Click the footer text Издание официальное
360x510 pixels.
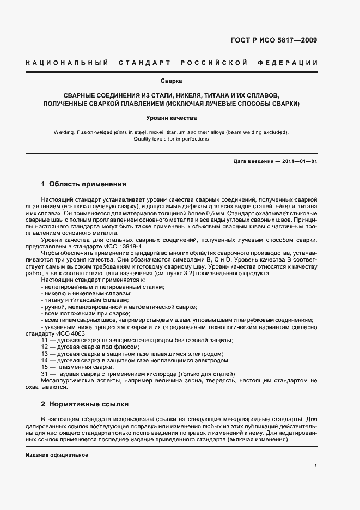[x=57, y=454]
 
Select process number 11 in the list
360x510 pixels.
[x=45, y=340]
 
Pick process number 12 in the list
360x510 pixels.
[x=45, y=347]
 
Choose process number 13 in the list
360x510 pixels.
[x=45, y=354]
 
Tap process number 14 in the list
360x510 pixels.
[x=45, y=360]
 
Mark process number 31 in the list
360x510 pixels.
[x=45, y=374]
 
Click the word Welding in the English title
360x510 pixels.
[x=64, y=132]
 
